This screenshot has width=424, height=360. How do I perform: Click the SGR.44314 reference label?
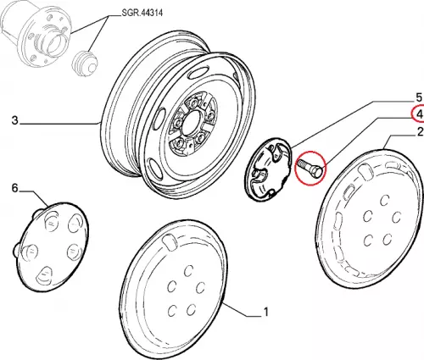point(142,13)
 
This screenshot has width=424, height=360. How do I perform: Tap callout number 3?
point(15,120)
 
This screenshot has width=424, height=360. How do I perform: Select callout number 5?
point(419,97)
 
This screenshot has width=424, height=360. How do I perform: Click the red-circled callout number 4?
point(420,114)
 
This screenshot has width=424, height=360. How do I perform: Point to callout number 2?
point(420,132)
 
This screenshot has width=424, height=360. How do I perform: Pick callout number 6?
point(14,188)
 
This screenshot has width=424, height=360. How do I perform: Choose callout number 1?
point(265,313)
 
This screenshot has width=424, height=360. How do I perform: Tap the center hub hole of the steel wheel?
point(191,125)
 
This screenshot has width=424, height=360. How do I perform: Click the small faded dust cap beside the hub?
point(85,64)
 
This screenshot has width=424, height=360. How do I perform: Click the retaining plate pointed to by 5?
point(268,169)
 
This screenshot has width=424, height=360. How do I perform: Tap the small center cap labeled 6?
point(52,246)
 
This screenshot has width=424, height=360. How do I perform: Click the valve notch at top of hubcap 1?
point(170,241)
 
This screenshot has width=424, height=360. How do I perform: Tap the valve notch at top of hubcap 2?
point(365,171)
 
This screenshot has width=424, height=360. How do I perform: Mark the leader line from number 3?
point(60,124)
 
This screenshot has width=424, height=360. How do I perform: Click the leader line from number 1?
point(242,309)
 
